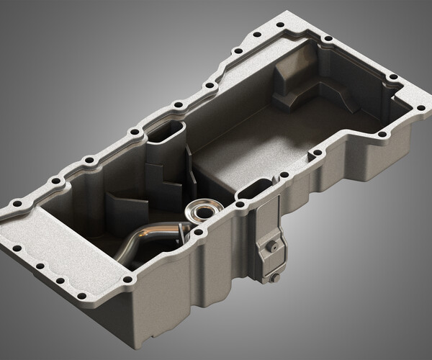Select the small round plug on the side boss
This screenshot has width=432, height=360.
coord(273,246)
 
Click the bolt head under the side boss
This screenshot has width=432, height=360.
coord(274,277)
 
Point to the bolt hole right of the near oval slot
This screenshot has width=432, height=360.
coord(284,174)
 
